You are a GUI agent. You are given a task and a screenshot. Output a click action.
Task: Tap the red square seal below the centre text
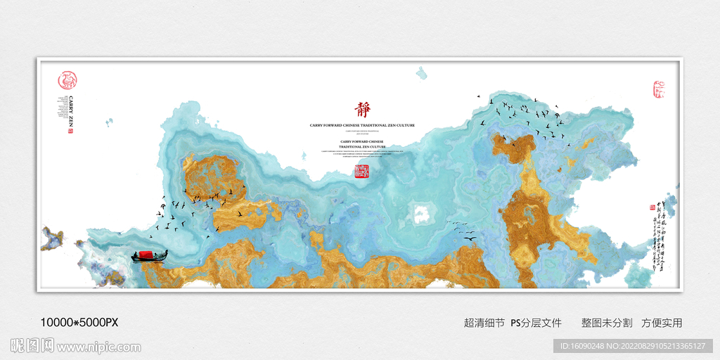coord(361,172)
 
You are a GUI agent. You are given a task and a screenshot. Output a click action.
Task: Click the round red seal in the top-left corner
coord(67,79)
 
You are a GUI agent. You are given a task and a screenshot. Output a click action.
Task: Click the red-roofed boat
coord(150,255)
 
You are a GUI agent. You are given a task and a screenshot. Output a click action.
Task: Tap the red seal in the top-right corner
coord(659,89)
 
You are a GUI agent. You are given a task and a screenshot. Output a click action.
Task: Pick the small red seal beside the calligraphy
coord(651,208)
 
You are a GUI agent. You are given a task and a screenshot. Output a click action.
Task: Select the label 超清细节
coord(484,323)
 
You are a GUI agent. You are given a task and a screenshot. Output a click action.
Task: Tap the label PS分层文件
coord(536,323)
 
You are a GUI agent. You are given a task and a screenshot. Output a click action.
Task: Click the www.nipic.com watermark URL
coord(99,347)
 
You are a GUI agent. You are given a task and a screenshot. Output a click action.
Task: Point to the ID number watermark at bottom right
coord(633,346)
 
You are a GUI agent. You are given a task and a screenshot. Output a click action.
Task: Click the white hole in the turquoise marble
coord(423,212)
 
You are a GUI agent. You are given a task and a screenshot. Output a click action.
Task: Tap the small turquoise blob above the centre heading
coord(422,73)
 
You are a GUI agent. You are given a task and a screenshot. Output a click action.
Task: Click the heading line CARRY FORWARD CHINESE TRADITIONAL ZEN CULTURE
coord(362,125)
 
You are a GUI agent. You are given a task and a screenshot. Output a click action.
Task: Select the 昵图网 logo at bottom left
coord(32,346)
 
